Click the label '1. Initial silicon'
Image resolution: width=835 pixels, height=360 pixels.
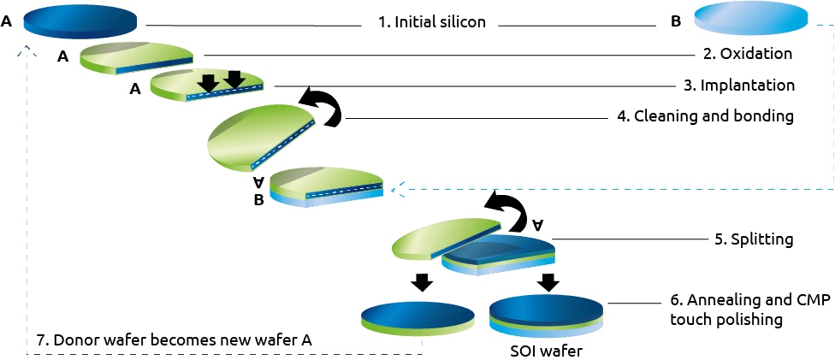pos(432,23)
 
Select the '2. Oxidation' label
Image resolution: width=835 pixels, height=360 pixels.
pos(745,54)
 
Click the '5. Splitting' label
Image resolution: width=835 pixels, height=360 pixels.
pos(754,239)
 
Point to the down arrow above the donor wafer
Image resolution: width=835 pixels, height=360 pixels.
pos(423,282)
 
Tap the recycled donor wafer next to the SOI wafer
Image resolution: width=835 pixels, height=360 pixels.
pos(417,319)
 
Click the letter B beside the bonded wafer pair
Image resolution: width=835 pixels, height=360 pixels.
pos(258,202)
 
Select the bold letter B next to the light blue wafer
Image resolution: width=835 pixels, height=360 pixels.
pos(676,22)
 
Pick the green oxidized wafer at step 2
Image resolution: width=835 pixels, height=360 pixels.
pos(136,58)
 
